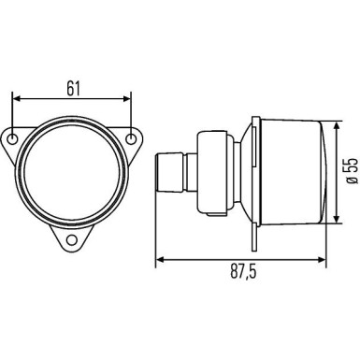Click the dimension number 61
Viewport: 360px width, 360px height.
click(x=73, y=89)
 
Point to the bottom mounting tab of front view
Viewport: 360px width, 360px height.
click(x=73, y=238)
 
